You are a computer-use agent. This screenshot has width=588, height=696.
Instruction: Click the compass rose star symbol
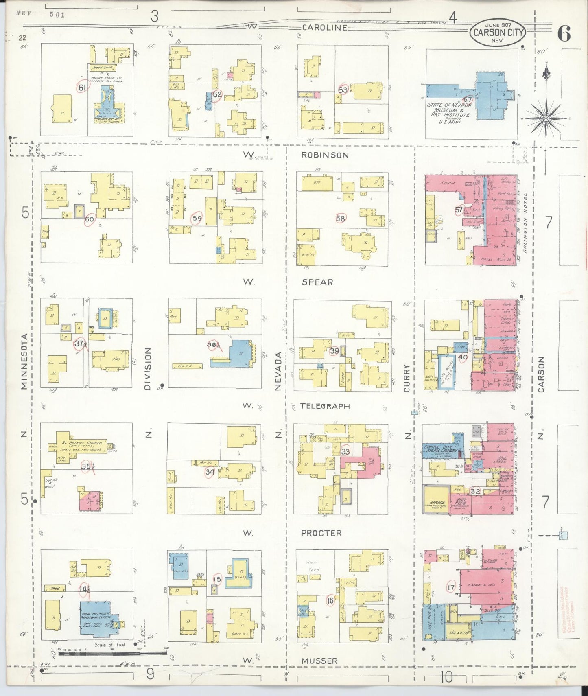point(546,118)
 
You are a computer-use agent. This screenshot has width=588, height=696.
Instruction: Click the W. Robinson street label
point(325,155)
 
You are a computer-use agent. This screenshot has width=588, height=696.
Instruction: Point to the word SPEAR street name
point(317,282)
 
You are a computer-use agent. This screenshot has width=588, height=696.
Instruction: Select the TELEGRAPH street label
point(325,406)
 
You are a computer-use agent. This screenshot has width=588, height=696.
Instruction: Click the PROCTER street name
point(321,533)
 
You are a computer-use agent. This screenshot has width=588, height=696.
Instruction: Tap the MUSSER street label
point(319,661)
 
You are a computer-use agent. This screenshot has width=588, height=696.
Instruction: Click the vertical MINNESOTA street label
point(24,361)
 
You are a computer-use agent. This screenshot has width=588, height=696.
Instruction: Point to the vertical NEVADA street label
point(278,371)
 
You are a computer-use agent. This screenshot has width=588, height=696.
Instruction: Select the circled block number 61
point(82,88)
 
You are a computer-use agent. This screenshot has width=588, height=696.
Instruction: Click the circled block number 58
point(340,219)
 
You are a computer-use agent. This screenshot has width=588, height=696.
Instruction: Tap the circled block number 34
point(210,472)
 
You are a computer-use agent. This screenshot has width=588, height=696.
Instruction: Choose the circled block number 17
point(450,588)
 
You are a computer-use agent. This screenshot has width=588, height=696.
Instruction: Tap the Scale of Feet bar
point(113,653)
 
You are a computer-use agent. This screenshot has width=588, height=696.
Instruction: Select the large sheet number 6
point(564,33)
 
